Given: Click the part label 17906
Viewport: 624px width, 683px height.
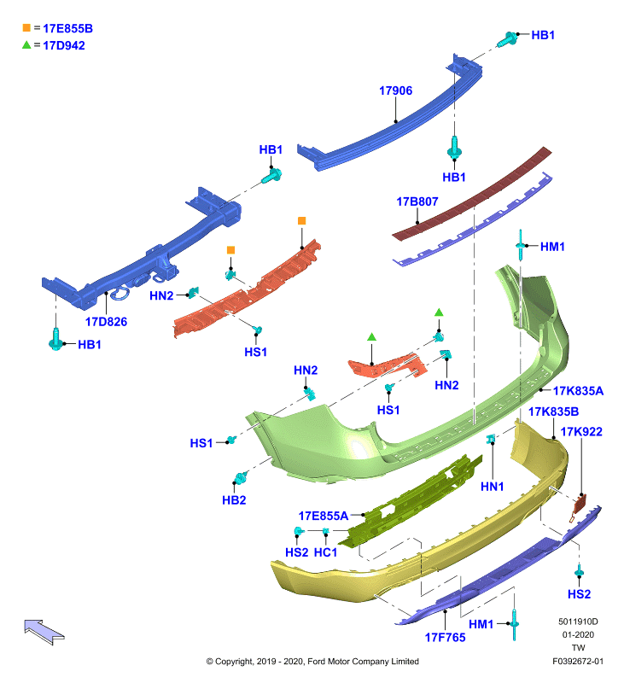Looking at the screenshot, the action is coord(395,90).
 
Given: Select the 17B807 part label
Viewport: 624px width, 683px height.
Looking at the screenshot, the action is coord(417,201).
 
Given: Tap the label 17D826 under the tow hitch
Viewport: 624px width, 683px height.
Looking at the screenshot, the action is coord(106,322).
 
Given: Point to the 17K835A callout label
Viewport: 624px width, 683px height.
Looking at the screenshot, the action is coord(578,391).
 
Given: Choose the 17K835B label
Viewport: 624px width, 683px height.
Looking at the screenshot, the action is coord(553,412).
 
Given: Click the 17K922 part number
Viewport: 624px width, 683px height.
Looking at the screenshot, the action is coord(581,432).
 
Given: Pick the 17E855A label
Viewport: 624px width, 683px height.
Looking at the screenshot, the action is coord(324,517).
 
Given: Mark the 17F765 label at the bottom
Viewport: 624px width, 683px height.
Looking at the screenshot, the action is coord(445,638).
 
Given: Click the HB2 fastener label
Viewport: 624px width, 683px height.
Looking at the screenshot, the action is coord(234,500).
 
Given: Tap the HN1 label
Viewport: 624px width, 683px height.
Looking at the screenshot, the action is coord(492,487).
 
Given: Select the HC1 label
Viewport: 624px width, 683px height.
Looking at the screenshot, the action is coord(326,552).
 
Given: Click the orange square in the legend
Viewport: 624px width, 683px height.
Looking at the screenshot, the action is coord(26,28).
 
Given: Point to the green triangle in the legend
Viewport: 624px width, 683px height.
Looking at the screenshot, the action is coord(26,44).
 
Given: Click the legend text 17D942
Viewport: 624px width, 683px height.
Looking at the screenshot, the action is coord(63,46).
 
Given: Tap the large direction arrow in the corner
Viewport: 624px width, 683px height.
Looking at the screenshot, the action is coord(44,632).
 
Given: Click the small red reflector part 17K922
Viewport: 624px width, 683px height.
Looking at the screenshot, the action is coord(580,505).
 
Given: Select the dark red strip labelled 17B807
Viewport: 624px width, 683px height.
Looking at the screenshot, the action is coord(472,195).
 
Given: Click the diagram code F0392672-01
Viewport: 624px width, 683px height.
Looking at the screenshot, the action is coord(578,662).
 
